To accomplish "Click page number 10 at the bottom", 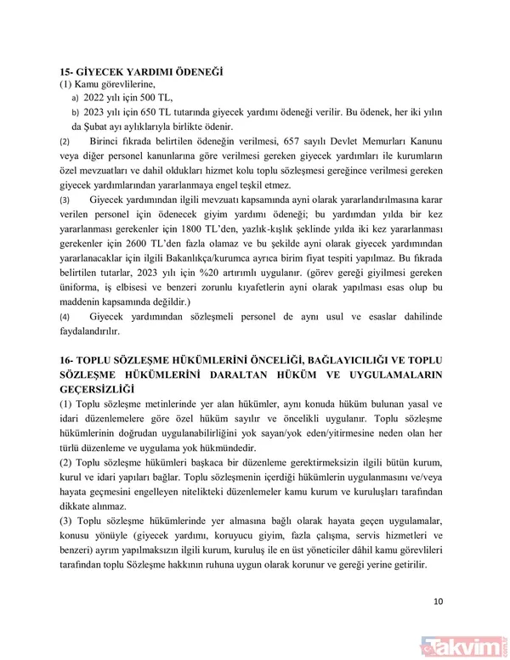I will (x=438, y=601).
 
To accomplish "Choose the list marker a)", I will (x=76, y=99).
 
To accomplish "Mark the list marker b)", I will (x=76, y=113).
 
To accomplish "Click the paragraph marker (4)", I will (x=65, y=316).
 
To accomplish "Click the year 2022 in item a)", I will (x=97, y=98).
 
